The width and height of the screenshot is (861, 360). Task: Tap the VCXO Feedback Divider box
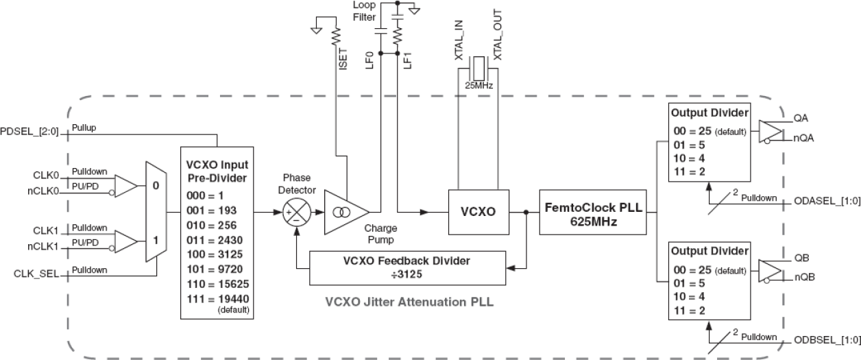tap(407, 267)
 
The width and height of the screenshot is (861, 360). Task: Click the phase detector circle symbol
tap(297, 211)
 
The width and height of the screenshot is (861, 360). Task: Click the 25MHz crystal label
tap(477, 86)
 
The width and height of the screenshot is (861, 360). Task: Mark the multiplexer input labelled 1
tap(156, 241)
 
